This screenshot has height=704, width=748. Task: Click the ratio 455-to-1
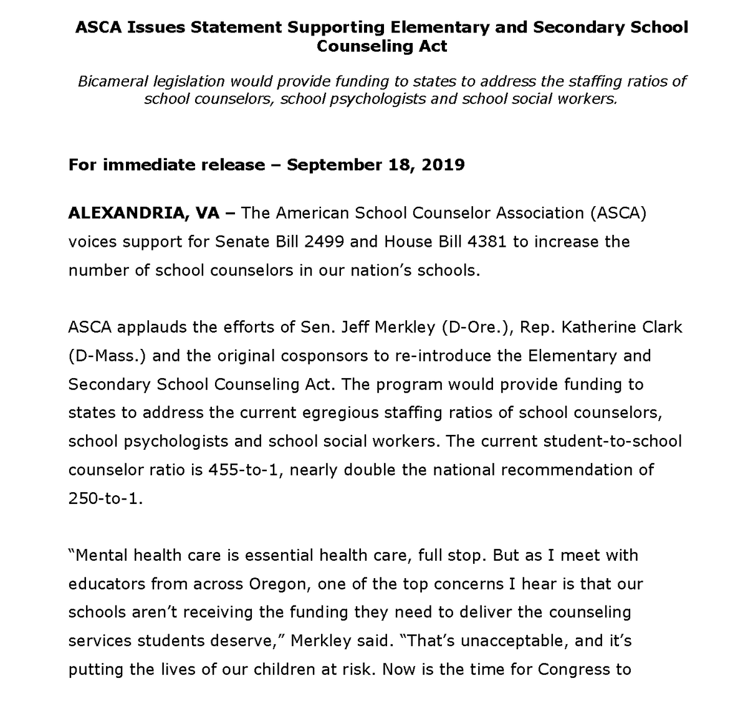click(244, 469)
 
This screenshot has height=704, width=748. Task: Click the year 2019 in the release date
click(442, 165)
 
